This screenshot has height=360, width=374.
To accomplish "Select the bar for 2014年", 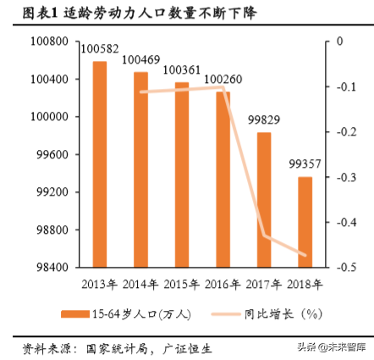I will point(140,169).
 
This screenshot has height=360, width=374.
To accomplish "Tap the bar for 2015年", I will point(182,174).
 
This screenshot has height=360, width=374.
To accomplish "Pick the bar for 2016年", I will point(223,179).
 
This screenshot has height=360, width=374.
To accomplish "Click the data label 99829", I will point(264,124).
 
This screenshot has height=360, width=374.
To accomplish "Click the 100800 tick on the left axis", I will point(52,42).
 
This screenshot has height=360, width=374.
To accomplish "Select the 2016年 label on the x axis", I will point(223,283).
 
